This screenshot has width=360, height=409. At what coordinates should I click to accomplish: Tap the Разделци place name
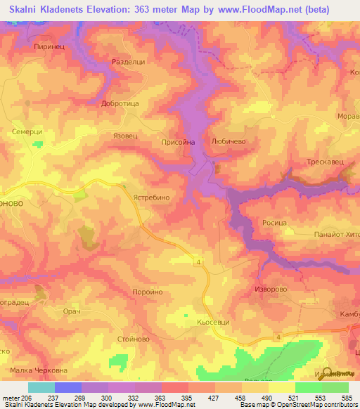tap(129, 63)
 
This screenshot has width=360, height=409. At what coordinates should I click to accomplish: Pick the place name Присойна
tap(179, 141)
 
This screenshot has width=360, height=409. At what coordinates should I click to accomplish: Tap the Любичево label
tap(228, 141)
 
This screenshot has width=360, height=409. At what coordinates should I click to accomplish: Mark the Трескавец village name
tap(325, 162)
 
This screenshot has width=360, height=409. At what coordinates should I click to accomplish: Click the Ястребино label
tap(150, 198)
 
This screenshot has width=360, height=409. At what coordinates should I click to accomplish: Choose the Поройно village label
tap(148, 292)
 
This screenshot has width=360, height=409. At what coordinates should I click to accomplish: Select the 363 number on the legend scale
tap(161, 398)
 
